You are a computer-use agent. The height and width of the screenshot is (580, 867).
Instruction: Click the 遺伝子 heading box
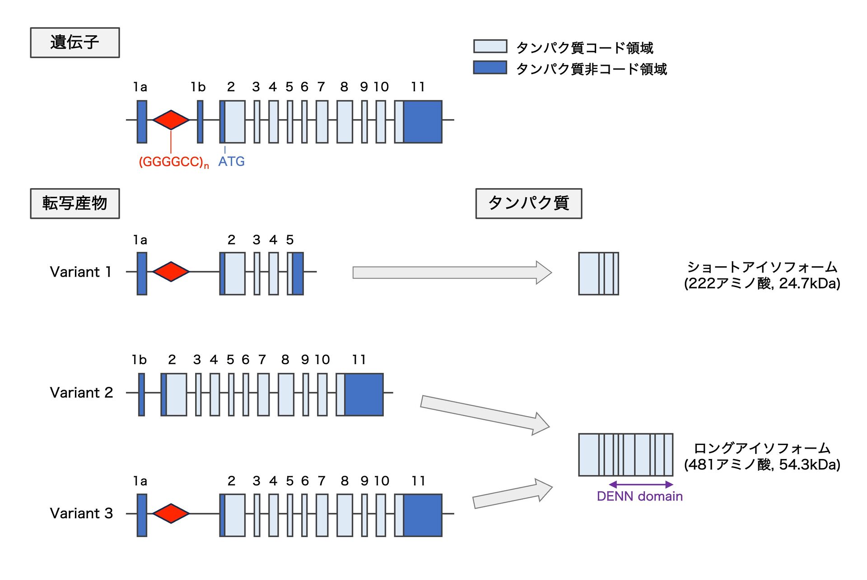click(75, 42)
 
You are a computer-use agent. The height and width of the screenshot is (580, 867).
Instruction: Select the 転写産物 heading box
click(75, 204)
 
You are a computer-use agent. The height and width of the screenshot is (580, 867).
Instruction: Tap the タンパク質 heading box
click(528, 204)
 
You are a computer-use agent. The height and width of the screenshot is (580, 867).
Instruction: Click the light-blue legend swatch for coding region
click(490, 46)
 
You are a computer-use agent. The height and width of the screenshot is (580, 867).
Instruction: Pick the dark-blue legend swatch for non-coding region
click(490, 68)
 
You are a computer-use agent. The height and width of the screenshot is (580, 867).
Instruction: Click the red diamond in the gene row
click(171, 120)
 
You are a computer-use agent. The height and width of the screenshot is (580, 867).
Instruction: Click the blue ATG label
click(231, 162)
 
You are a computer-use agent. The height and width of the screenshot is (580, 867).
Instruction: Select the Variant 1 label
click(81, 272)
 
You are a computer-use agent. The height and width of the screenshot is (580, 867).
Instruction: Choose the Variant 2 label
click(81, 393)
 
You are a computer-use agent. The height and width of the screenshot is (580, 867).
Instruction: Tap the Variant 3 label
click(81, 514)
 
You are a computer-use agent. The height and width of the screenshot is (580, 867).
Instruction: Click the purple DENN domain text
click(639, 496)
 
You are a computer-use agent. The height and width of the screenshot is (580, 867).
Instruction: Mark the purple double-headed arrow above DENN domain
click(641, 485)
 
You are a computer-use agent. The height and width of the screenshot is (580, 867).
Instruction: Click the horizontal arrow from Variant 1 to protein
click(452, 273)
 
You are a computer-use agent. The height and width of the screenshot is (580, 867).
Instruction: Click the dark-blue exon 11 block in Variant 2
click(364, 394)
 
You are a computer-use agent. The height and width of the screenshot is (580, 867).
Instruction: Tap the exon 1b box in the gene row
click(200, 122)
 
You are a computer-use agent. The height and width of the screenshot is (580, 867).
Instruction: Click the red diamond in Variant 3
click(171, 514)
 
